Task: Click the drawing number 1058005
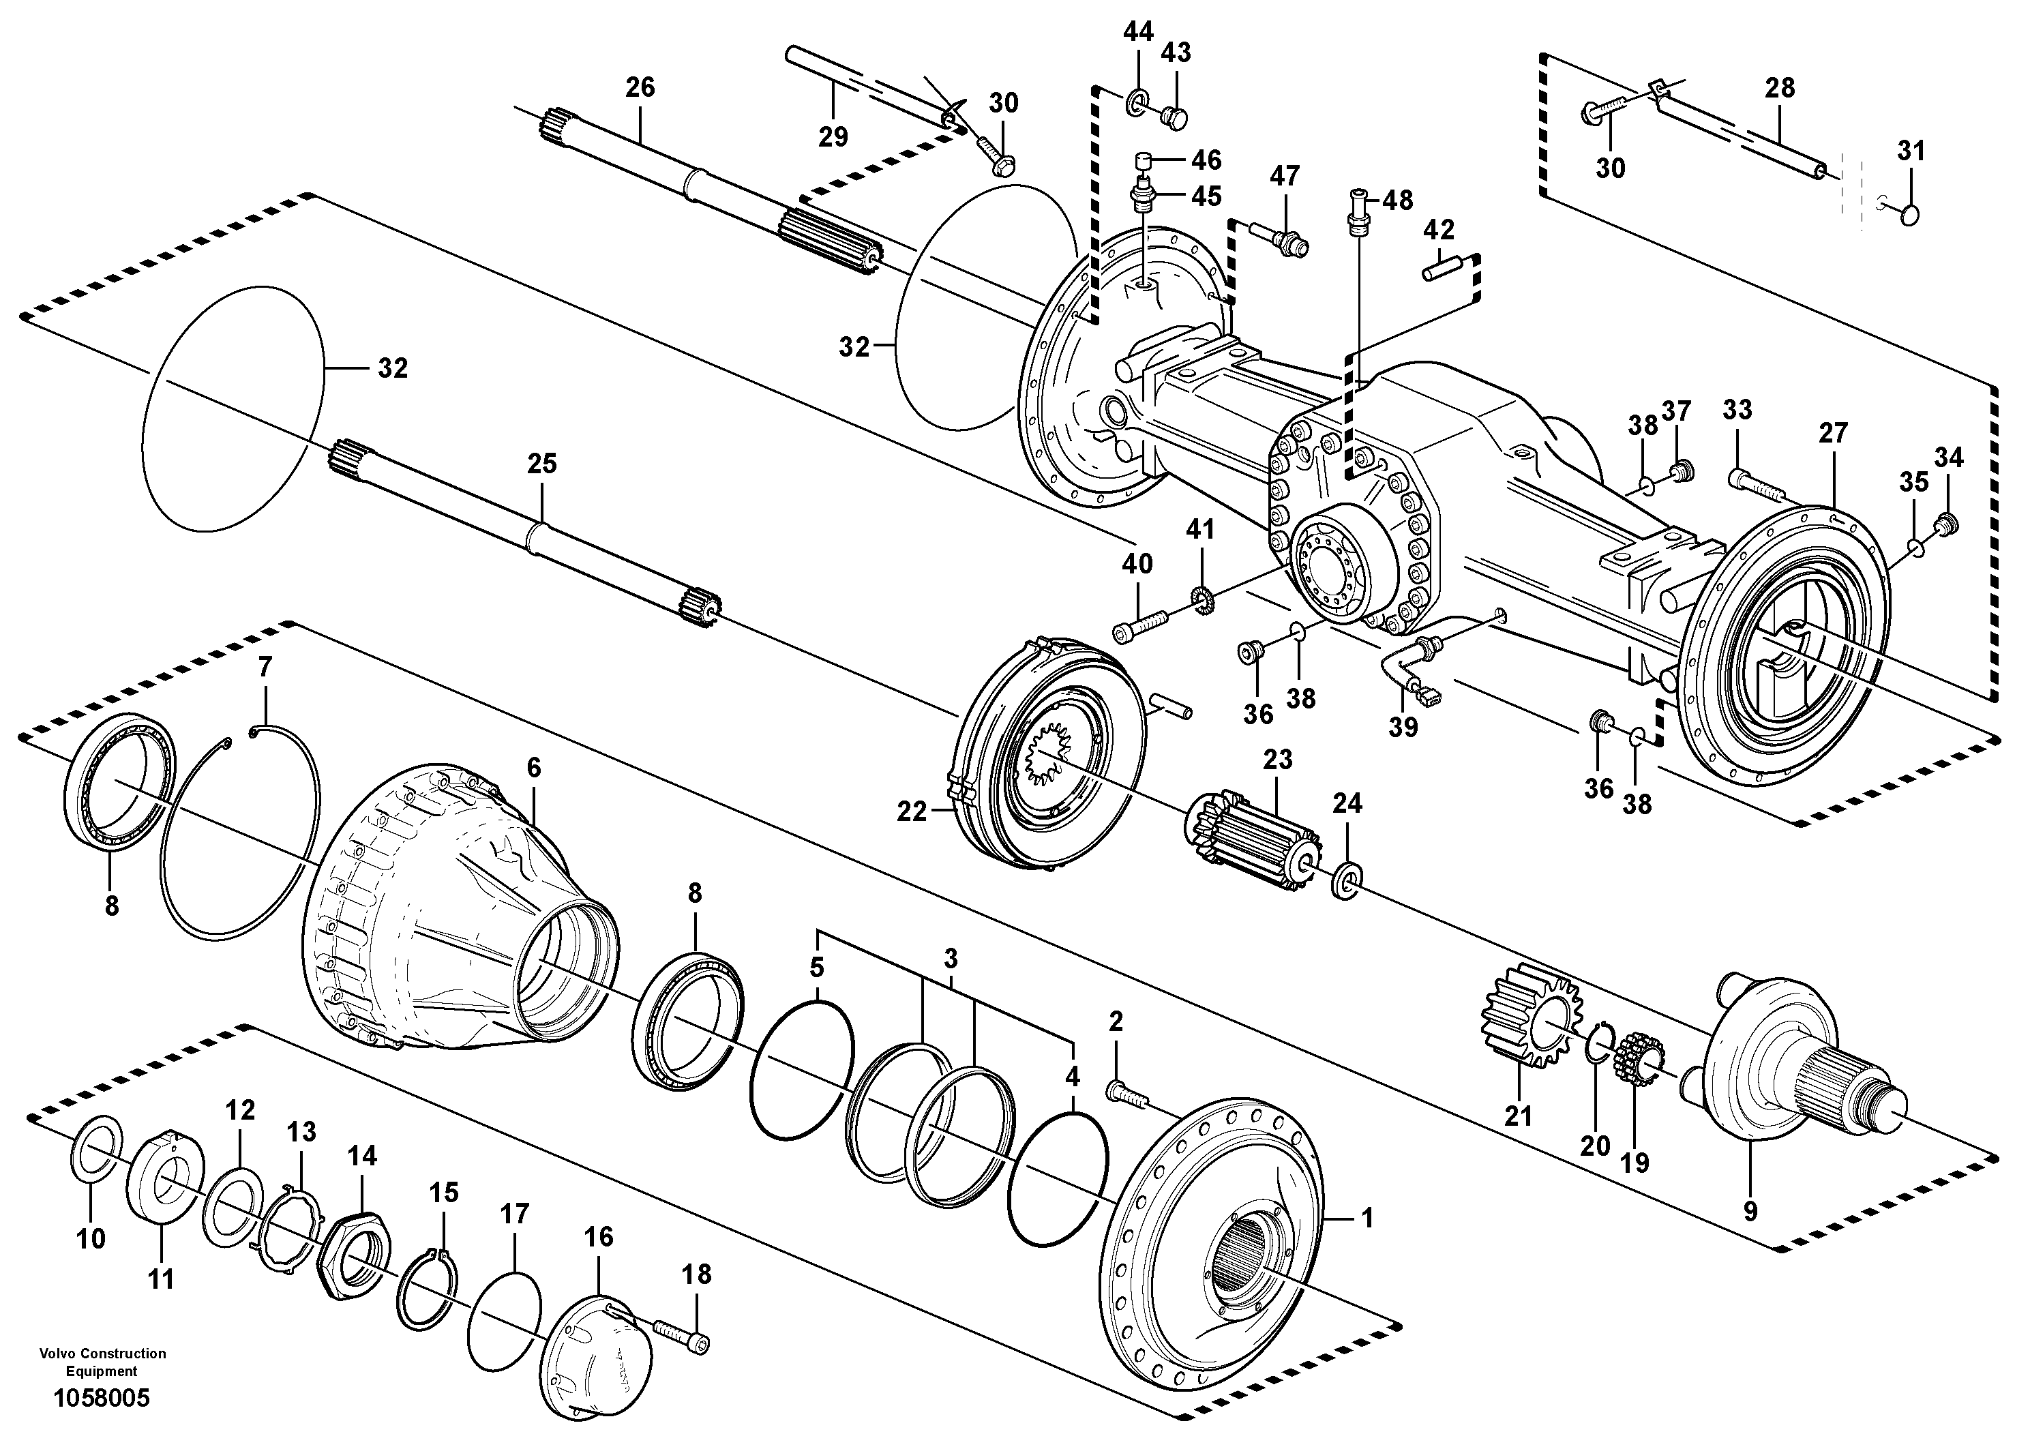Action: (102, 1398)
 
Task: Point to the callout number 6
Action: (533, 767)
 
